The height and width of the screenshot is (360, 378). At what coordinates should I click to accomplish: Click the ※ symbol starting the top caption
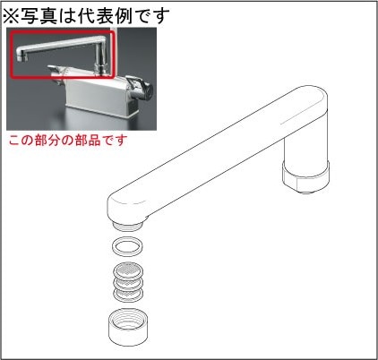click(x=12, y=15)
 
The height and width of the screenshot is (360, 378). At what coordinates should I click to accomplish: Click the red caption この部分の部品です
click(x=68, y=141)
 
